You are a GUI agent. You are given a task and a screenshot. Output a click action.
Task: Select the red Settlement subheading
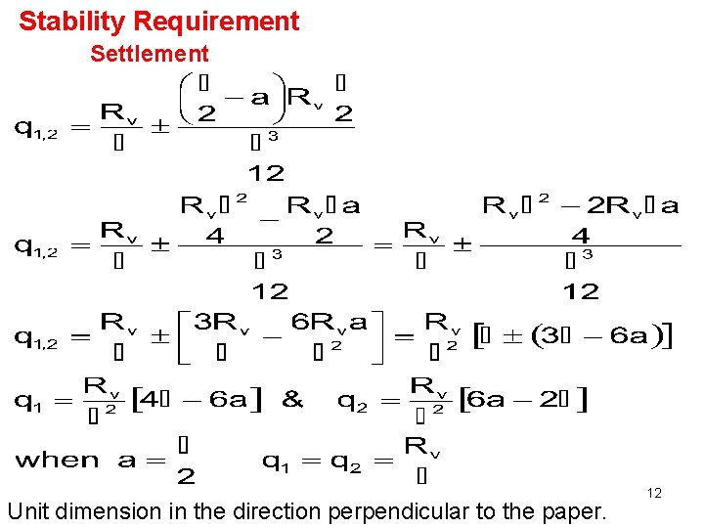pos(149,54)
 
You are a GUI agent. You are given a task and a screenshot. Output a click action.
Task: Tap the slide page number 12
pos(654,493)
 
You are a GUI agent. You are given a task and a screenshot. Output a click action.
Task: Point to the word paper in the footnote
pos(576,509)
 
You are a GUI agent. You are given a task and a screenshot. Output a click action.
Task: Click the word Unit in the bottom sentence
pos(27,509)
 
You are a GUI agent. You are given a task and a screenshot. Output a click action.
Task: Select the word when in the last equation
pos(58,460)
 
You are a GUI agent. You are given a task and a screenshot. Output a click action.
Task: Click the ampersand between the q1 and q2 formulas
pos(291,400)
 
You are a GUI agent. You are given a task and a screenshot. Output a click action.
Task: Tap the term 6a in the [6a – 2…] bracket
pos(494,400)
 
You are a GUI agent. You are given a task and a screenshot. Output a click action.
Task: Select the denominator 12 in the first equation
pos(266,174)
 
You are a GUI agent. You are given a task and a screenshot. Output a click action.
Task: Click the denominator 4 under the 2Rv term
pos(581,236)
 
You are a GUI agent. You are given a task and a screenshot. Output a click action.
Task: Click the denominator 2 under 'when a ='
pos(185,477)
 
